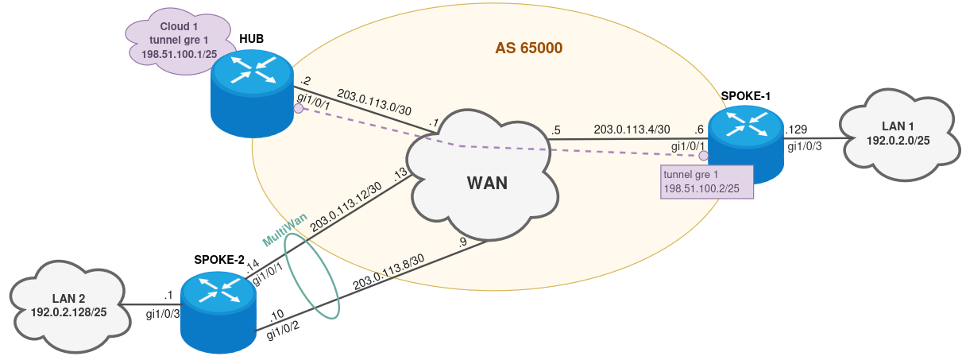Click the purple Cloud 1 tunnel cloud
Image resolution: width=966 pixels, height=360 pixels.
(179, 44)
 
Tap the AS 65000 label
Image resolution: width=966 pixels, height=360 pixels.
(528, 48)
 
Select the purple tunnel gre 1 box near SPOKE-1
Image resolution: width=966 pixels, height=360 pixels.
(706, 181)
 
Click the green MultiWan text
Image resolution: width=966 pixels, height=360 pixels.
(284, 230)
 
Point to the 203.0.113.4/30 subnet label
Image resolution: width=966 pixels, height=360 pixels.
(632, 129)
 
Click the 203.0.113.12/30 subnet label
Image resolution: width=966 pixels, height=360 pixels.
(346, 208)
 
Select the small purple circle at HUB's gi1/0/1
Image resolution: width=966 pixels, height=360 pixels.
(298, 109)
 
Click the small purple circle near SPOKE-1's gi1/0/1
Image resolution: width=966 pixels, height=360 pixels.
(703, 156)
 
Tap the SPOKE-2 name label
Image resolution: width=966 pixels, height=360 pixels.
(220, 260)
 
